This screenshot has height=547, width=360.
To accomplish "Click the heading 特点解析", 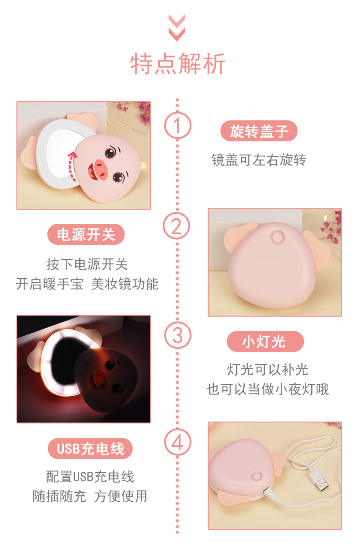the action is (x=178, y=64).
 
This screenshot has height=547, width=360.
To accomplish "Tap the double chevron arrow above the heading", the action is (x=177, y=28).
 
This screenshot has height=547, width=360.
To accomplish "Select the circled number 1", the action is (x=177, y=125).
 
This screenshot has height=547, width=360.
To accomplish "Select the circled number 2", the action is (x=176, y=226).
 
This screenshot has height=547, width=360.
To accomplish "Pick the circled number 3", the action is (x=177, y=335).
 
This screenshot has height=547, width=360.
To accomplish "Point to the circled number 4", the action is (x=177, y=443).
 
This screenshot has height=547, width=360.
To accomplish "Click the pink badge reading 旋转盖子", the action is (x=259, y=131).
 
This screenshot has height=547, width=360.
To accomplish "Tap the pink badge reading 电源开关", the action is (x=86, y=234).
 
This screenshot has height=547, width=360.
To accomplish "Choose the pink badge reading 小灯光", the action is (x=265, y=341).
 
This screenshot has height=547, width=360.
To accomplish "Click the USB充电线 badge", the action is (x=90, y=449).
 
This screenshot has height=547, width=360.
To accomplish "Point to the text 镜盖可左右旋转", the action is (x=259, y=160).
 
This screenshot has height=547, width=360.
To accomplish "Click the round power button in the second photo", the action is (x=276, y=237).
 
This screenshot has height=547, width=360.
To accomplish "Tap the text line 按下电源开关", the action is (x=87, y=264).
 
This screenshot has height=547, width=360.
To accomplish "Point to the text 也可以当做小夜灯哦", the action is (x=268, y=389).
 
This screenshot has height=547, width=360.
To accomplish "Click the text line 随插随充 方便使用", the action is (x=90, y=496).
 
